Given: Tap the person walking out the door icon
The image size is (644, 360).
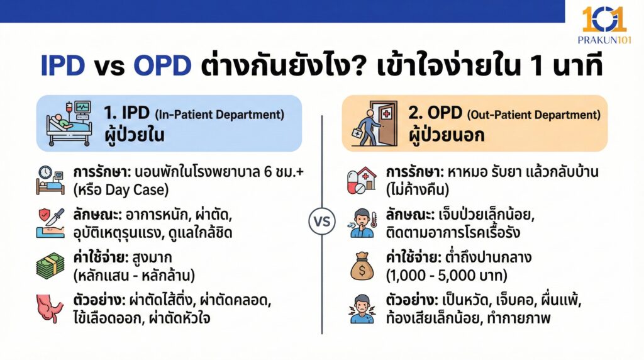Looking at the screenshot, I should (374, 123).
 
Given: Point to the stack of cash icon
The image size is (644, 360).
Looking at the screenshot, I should (50, 267).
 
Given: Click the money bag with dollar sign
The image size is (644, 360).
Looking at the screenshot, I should (361, 267).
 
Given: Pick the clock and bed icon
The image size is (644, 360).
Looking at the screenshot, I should (50, 179).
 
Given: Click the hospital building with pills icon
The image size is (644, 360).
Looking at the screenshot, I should (361, 179).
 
